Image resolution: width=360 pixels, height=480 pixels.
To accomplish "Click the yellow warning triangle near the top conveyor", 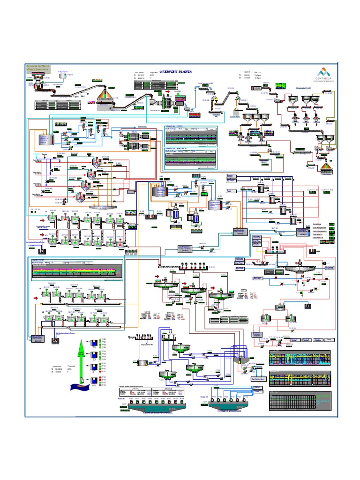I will (x=216, y=99).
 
